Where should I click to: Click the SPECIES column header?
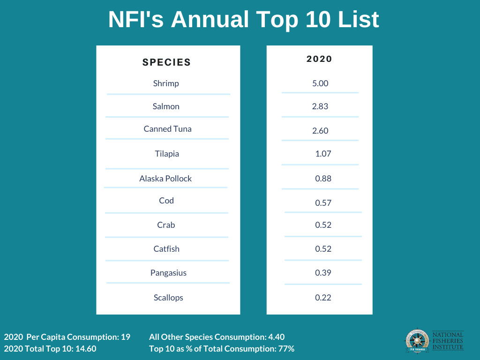pyautogui.click(x=166, y=62)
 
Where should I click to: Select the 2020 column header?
pyautogui.click(x=319, y=59)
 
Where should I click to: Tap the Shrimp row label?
pyautogui.click(x=166, y=84)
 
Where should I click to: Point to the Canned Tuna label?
pyautogui.click(x=167, y=129)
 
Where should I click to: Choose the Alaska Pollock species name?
pyautogui.click(x=165, y=179)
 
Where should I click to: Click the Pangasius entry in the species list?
pyautogui.click(x=168, y=273)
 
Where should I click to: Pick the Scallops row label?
pyautogui.click(x=168, y=298)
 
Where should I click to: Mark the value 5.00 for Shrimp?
pyautogui.click(x=320, y=83)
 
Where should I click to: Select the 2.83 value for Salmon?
pyautogui.click(x=320, y=106)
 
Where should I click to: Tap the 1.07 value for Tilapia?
pyautogui.click(x=323, y=154)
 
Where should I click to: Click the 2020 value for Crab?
pyautogui.click(x=323, y=225)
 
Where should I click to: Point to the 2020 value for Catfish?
pyautogui.click(x=323, y=249)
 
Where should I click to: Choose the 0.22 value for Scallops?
pyautogui.click(x=323, y=298)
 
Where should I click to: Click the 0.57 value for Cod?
pyautogui.click(x=323, y=203)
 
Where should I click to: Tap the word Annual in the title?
pyautogui.click(x=210, y=20)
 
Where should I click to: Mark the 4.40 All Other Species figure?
pyautogui.click(x=276, y=337)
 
